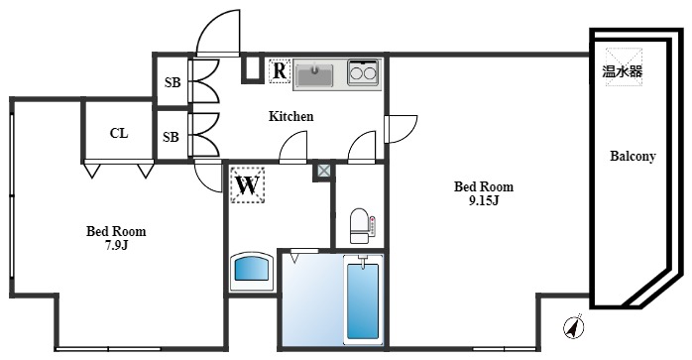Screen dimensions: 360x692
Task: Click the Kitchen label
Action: (x=291, y=117)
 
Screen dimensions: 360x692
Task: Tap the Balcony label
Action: (x=633, y=157)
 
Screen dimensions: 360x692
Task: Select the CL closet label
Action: (x=118, y=133)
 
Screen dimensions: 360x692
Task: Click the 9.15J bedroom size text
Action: (x=484, y=199)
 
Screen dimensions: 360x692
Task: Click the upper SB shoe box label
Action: (x=172, y=82)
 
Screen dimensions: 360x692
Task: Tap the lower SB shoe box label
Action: (x=172, y=137)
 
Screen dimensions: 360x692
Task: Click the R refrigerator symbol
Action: (x=280, y=71)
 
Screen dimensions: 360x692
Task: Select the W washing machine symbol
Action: (x=248, y=184)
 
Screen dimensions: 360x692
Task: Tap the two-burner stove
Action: (x=362, y=72)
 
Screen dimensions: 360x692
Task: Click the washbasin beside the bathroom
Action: (x=252, y=270)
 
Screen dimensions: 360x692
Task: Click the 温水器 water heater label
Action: (x=623, y=71)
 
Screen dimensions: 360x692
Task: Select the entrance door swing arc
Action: (x=217, y=37)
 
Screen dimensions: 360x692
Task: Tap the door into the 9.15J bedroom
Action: (x=398, y=129)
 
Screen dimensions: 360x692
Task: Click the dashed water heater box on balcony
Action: (x=624, y=66)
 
